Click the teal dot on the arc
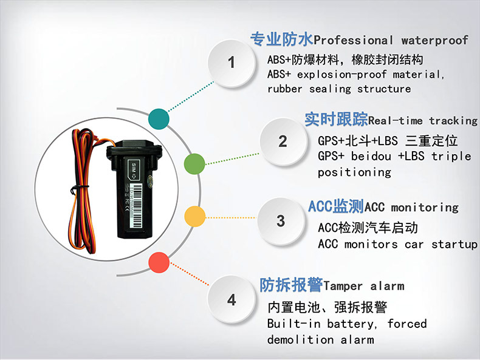tap(159, 118)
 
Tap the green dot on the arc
tap(194, 164)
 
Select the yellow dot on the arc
tap(194, 217)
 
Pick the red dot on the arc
tap(159, 262)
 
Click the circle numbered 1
tap(231, 63)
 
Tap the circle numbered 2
tap(283, 141)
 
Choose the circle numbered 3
tap(281, 221)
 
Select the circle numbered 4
tap(231, 299)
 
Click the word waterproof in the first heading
tap(434, 41)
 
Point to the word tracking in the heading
tap(453, 121)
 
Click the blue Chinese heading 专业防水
tap(282, 39)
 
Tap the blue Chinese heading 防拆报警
tap(291, 285)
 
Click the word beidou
tap(371, 156)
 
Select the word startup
tap(454, 245)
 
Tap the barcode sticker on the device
tap(137, 205)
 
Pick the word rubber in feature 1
tap(285, 89)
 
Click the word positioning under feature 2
tap(354, 172)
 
